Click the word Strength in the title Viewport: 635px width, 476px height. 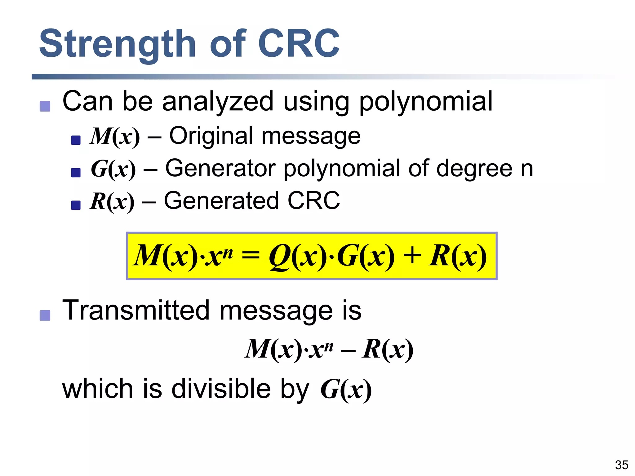[117, 44]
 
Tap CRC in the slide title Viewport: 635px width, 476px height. [299, 43]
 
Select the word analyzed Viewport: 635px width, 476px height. [217, 102]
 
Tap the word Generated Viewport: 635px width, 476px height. [221, 201]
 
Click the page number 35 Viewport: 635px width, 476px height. [621, 465]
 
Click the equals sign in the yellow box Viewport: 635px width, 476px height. [251, 255]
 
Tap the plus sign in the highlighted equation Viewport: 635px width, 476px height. [412, 256]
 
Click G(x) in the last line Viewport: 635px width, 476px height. [346, 390]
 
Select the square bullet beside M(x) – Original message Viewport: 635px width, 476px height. [76, 140]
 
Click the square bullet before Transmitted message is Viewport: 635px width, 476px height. [45, 315]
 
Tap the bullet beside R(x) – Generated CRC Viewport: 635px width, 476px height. [76, 205]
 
